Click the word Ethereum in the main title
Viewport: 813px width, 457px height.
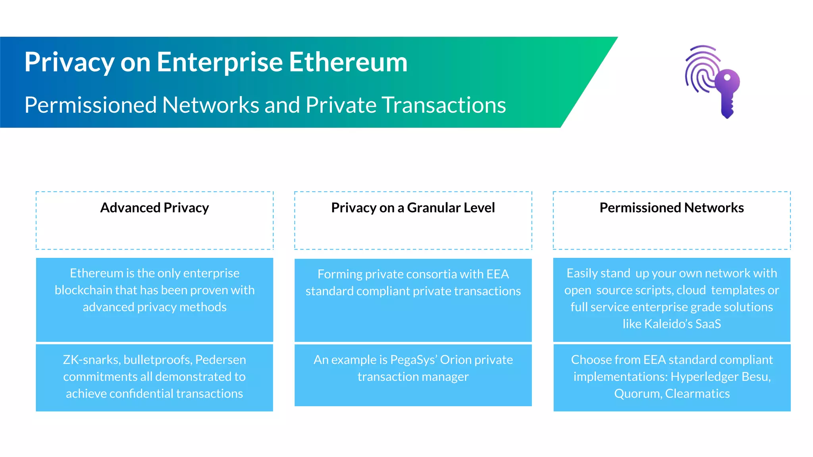click(348, 62)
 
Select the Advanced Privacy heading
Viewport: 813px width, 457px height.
click(154, 207)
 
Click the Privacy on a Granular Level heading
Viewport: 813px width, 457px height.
click(413, 207)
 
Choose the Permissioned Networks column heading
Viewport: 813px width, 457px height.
click(672, 207)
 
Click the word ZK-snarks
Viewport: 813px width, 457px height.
click(91, 359)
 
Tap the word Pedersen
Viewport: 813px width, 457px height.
click(221, 359)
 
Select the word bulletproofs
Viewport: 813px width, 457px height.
click(158, 359)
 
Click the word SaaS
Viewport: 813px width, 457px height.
click(708, 324)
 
